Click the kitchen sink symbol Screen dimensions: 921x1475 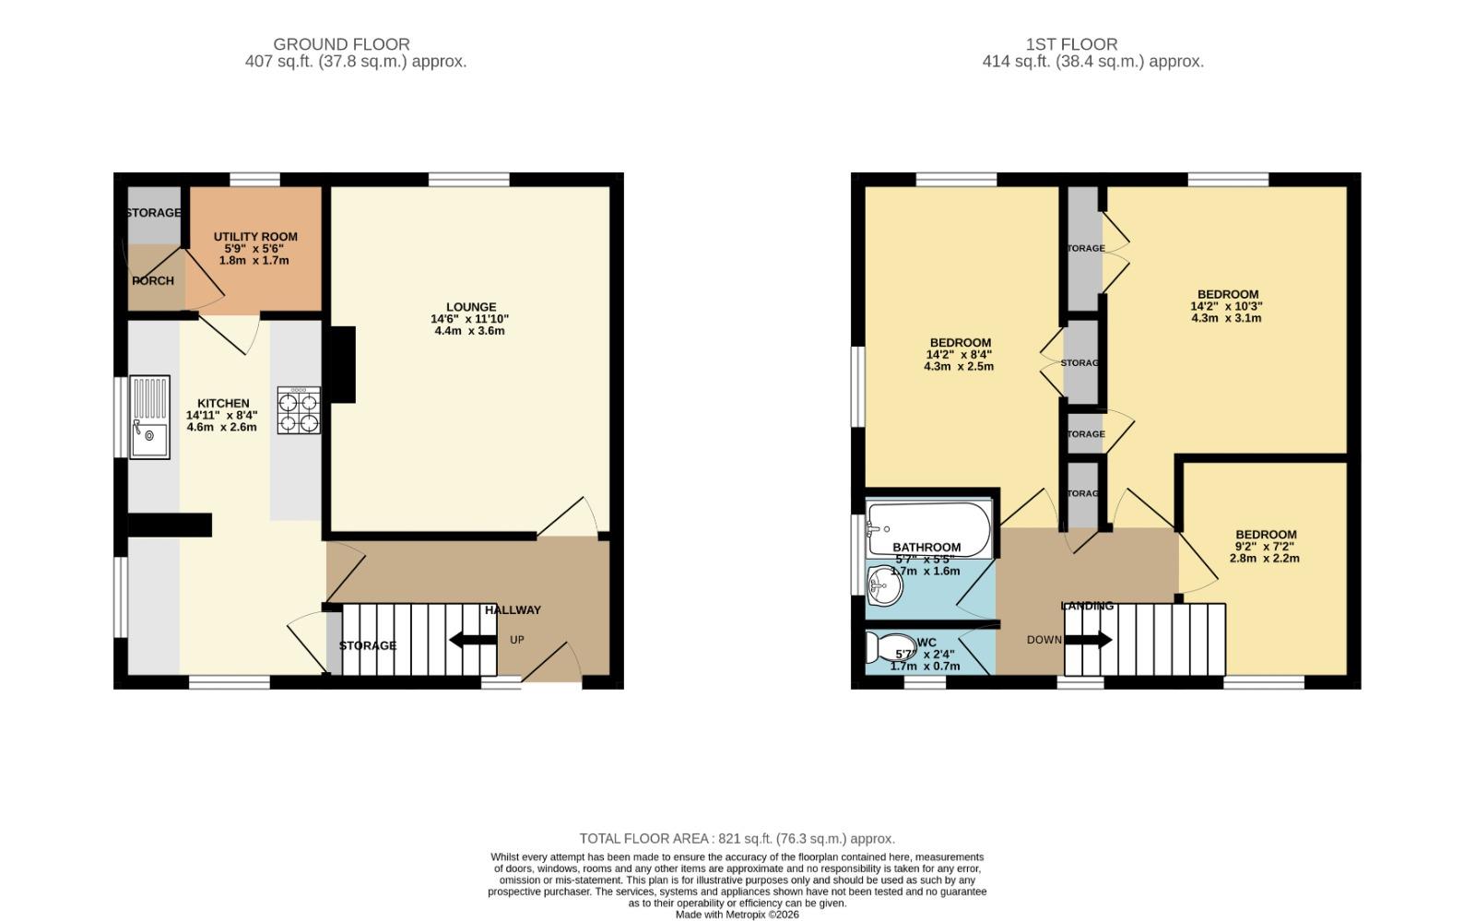(x=149, y=417)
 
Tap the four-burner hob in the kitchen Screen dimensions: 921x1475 (x=299, y=410)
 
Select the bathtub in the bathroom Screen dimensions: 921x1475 (x=928, y=528)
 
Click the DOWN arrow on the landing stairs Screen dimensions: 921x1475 (x=1089, y=640)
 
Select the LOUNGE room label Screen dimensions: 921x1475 (x=471, y=307)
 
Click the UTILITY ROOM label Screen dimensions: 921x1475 (x=255, y=237)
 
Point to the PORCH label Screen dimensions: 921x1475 (x=152, y=280)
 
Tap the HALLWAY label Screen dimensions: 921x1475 (x=513, y=609)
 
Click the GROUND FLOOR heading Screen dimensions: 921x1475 (x=341, y=44)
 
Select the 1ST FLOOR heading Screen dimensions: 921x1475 (x=1071, y=44)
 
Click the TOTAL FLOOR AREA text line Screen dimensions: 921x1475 (x=737, y=839)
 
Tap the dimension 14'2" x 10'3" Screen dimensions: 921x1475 (x=1226, y=306)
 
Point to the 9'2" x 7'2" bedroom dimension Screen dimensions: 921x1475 (x=1266, y=546)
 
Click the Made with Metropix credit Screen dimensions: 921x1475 (x=737, y=915)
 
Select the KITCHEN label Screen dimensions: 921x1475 (x=223, y=403)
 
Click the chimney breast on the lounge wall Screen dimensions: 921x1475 (x=343, y=364)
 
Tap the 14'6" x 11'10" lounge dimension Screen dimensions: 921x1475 (x=469, y=319)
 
